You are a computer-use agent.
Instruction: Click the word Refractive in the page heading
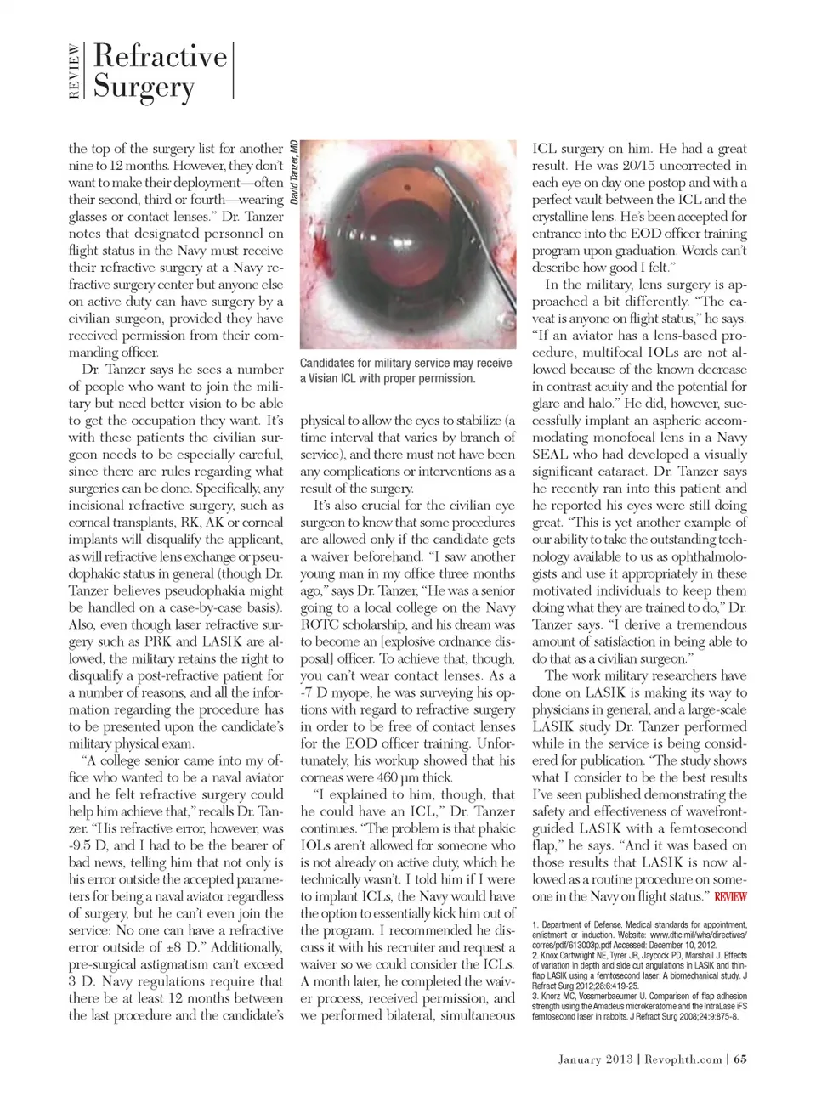pyautogui.click(x=161, y=56)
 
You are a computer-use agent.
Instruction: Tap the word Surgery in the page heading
pyautogui.click(x=144, y=88)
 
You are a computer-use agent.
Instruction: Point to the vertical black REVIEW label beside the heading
pyautogui.click(x=75, y=71)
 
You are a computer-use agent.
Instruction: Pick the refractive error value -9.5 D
pyautogui.click(x=85, y=845)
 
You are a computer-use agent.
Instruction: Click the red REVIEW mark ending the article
pyautogui.click(x=731, y=897)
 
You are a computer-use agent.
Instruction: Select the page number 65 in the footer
pyautogui.click(x=740, y=1059)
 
